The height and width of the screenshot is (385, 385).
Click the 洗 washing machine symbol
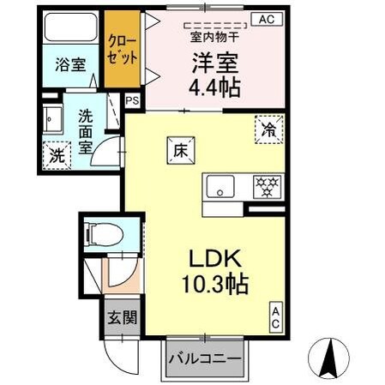pos(56,156)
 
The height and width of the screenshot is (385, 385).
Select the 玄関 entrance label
pos(120,317)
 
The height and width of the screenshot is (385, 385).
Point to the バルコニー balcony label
pos(202,356)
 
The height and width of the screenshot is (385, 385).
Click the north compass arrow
pos(328,355)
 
